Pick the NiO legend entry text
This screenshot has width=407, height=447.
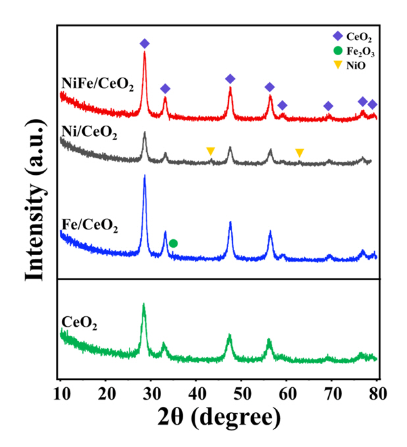356,64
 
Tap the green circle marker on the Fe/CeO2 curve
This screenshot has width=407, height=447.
173,243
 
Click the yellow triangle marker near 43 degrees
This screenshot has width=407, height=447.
210,151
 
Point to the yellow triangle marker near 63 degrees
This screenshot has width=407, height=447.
300,153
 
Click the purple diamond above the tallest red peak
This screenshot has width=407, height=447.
145,43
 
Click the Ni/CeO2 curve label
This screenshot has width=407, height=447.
89,135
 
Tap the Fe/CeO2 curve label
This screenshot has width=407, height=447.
89,227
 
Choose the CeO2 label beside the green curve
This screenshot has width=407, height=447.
80,322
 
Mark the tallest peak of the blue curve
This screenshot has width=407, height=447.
145,176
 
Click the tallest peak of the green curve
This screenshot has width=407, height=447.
143,304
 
